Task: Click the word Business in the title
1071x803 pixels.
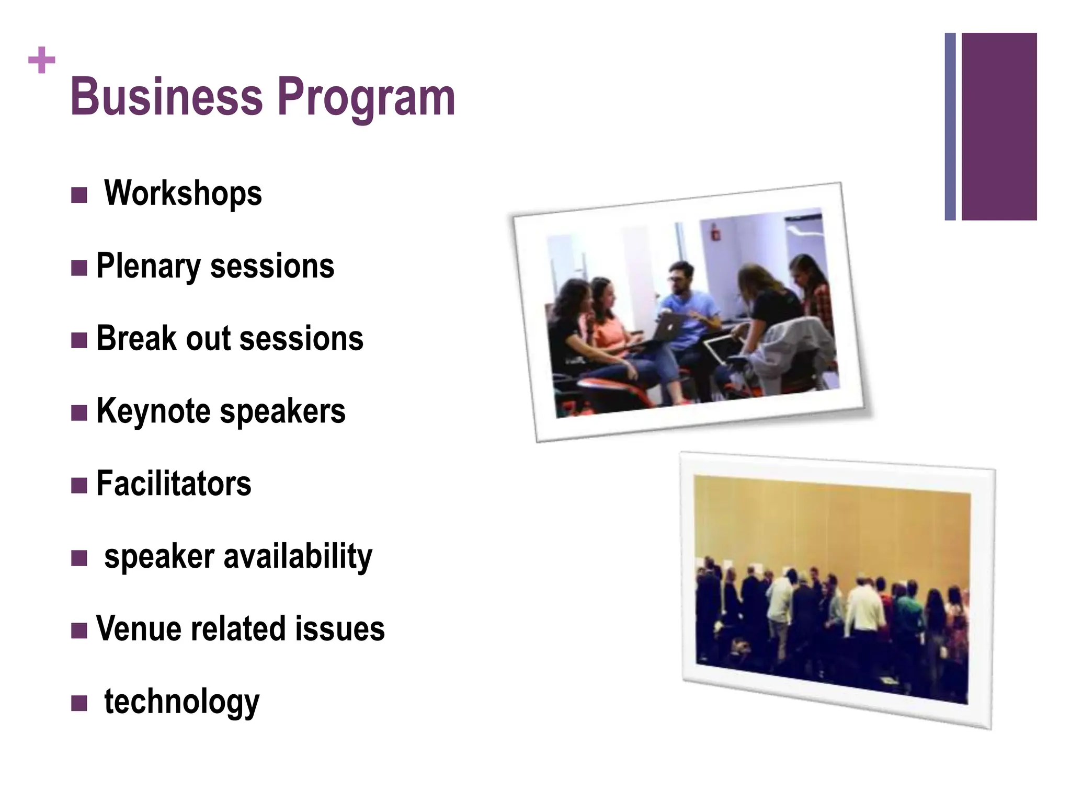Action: (166, 97)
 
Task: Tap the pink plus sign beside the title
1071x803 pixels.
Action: (42, 60)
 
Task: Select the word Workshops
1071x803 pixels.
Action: (183, 193)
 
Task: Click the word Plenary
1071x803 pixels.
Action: (148, 267)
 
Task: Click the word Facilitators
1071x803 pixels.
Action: (174, 484)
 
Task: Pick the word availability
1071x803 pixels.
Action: (298, 557)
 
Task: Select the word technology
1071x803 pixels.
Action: (181, 702)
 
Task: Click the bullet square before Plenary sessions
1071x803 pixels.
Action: (79, 268)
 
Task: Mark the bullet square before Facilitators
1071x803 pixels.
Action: (79, 486)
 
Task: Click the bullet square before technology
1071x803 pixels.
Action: (79, 703)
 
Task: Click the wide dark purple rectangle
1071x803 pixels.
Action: (999, 127)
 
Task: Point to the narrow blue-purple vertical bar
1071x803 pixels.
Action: (950, 127)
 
